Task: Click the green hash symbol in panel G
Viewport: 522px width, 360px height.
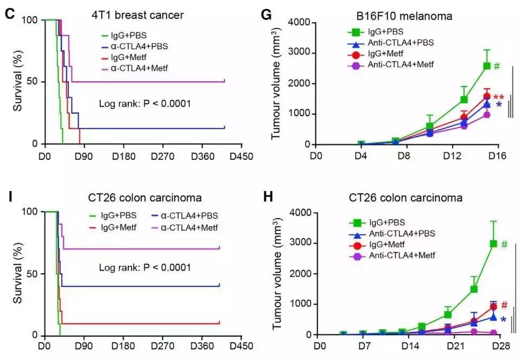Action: point(496,66)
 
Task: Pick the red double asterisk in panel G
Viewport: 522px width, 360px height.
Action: point(499,97)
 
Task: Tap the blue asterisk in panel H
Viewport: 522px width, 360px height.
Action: point(503,320)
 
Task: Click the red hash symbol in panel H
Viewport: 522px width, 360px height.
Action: point(504,305)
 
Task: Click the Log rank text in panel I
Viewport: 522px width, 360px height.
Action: point(145,267)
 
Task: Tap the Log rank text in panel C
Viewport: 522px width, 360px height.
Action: point(145,103)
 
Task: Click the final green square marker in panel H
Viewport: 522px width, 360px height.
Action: point(493,244)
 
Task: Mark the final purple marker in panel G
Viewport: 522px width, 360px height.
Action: point(487,115)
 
